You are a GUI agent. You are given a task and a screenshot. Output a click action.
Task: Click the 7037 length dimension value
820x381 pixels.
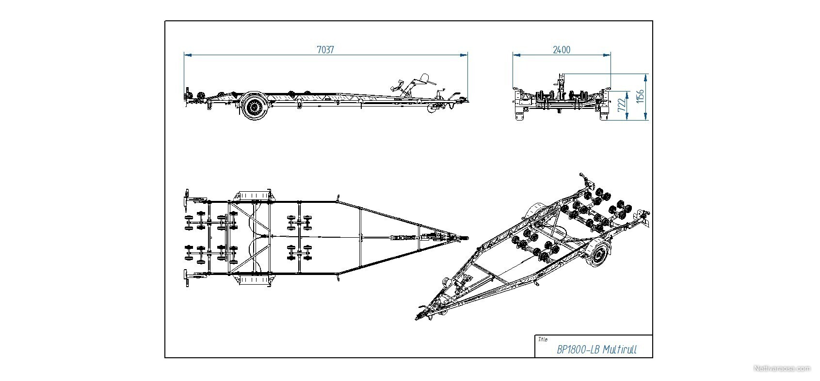coord(325,50)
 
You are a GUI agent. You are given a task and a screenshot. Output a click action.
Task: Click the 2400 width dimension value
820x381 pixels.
coord(561,50)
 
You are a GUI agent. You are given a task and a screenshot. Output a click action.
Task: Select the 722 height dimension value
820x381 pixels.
coord(621,105)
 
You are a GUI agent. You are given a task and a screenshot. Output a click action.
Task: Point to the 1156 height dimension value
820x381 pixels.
coord(640,96)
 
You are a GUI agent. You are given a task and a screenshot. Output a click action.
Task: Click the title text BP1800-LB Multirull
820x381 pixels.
coord(597,350)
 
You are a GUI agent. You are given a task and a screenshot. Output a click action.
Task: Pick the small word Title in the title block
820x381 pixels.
coord(543,339)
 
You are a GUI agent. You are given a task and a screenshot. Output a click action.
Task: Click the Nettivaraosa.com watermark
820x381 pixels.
coord(782,368)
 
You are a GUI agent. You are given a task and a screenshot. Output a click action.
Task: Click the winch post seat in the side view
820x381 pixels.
coord(424,78)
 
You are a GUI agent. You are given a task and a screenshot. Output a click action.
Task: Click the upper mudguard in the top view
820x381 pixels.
coord(255,195)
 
